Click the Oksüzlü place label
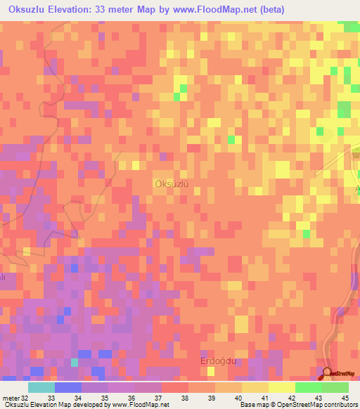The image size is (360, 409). point(172,183)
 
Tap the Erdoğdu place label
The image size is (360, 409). point(212,362)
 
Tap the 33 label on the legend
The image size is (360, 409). point(51,397)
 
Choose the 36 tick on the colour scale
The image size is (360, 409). point(131,397)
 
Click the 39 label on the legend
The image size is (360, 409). point(212,397)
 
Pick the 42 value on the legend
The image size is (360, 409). point(292,397)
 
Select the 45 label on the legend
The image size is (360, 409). point(345,397)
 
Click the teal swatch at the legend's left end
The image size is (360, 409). point(41,387)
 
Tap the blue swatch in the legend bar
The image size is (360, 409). point(67,387)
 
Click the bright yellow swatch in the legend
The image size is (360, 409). point(281,387)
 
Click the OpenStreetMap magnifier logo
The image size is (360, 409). point(327,373)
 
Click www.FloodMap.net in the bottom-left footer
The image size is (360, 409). point(140,405)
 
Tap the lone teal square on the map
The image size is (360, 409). point(75,362)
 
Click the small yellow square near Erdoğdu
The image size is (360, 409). point(210,370)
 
